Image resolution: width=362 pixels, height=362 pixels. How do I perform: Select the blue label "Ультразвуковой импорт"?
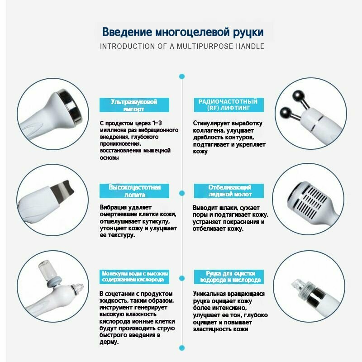coord(134,105)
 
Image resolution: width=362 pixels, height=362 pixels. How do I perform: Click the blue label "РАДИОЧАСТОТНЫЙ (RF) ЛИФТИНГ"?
coord(229,105)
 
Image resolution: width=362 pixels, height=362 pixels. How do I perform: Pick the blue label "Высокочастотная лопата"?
coord(134,191)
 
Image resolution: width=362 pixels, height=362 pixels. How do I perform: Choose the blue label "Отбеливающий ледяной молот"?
coord(229,191)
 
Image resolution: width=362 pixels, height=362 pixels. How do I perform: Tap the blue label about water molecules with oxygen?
coord(134,277)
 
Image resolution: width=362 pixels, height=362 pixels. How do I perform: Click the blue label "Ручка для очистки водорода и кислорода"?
coord(229,277)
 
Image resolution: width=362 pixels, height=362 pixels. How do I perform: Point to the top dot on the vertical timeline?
coord(182,76)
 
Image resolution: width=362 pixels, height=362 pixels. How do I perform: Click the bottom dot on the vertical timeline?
coord(182,348)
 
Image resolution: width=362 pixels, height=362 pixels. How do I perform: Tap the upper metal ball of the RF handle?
coord(298,96)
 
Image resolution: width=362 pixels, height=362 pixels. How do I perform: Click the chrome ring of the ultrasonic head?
coord(71,106)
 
